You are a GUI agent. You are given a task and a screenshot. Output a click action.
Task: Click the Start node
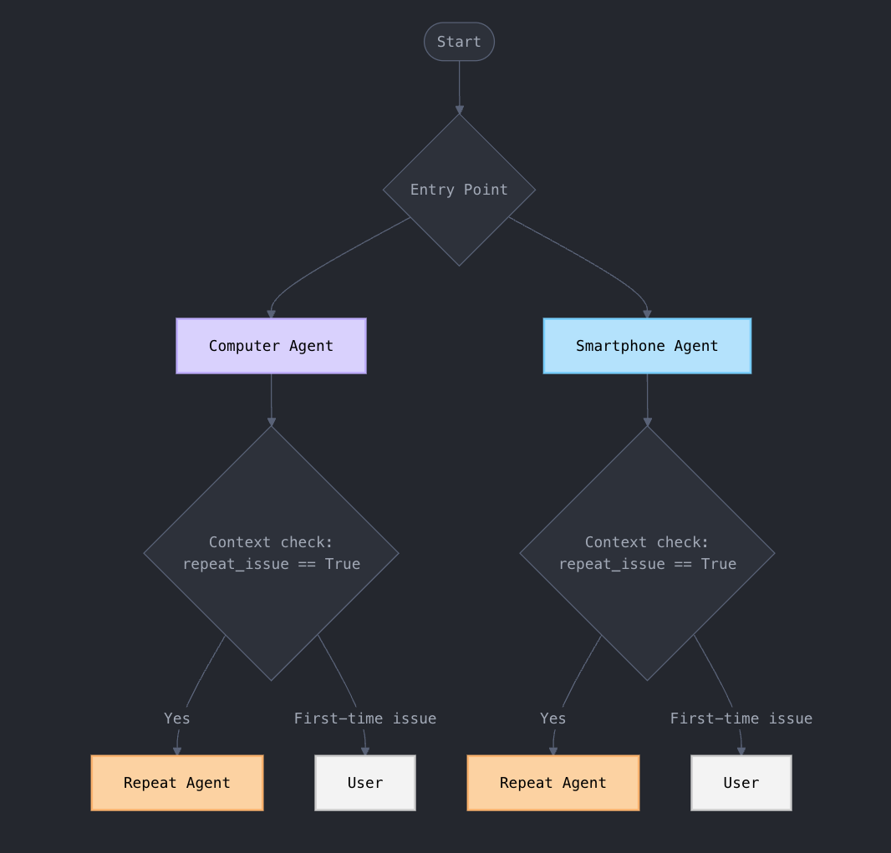(459, 42)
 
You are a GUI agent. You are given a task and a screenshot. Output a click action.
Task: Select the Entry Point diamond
(459, 190)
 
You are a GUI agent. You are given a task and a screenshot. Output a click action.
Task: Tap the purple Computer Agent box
(271, 346)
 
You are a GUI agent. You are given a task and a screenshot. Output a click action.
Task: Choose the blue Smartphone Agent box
(647, 346)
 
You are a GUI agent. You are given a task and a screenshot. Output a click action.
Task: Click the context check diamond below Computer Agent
(271, 553)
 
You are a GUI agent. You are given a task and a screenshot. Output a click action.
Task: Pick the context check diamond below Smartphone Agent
(647, 553)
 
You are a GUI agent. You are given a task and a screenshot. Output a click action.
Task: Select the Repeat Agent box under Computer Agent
(177, 783)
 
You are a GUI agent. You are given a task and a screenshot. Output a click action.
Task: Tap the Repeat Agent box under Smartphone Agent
(553, 783)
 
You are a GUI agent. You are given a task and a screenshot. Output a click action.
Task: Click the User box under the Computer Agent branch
(365, 783)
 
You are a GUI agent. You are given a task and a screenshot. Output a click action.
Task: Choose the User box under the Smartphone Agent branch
(741, 783)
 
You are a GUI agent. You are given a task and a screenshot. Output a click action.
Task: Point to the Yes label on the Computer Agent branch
(177, 718)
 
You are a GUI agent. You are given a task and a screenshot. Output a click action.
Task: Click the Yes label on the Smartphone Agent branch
(553, 718)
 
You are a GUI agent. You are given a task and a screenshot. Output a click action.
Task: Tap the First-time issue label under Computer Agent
(365, 718)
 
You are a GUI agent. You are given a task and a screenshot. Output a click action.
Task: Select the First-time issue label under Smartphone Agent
(741, 718)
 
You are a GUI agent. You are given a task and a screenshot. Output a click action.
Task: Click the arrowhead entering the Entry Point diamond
(459, 109)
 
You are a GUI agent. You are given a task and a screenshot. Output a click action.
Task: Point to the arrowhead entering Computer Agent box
(271, 314)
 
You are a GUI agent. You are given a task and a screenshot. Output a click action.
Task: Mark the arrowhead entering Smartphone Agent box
(647, 314)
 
